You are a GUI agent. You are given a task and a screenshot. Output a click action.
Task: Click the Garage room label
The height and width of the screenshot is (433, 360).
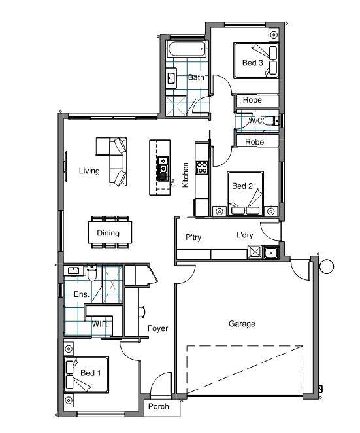[242, 324]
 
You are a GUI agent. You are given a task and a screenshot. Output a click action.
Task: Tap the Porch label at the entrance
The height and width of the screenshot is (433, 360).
[158, 406]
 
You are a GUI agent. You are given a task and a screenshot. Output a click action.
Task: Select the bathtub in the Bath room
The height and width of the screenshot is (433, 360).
[187, 49]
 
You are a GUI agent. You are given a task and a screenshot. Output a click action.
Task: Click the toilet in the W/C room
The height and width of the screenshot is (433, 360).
[271, 120]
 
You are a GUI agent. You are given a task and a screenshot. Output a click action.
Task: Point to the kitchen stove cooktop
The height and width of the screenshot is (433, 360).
[202, 167]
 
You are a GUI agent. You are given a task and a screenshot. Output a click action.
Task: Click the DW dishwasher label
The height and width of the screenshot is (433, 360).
[173, 182]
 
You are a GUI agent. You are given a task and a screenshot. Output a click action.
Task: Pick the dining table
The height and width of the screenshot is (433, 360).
[110, 232]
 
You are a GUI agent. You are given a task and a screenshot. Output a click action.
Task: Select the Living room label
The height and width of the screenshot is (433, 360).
[89, 171]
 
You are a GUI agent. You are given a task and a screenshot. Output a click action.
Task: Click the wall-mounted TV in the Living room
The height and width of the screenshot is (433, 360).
[65, 166]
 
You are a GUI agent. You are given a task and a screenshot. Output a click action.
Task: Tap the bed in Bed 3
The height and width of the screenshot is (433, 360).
[256, 60]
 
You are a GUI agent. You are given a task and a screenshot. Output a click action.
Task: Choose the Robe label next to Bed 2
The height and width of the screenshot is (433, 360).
[254, 142]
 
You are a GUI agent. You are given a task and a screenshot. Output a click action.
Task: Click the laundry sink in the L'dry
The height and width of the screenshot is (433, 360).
[271, 252]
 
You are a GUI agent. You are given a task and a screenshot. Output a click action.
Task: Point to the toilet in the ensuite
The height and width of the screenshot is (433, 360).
[92, 273]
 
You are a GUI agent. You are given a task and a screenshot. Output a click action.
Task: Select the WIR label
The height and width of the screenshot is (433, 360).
[99, 324]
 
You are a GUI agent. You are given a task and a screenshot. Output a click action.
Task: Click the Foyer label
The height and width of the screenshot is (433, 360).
[157, 328]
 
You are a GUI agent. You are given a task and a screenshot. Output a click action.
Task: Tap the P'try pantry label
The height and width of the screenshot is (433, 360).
[193, 237]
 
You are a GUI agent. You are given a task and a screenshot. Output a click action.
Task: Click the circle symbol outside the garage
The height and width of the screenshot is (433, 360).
[327, 266]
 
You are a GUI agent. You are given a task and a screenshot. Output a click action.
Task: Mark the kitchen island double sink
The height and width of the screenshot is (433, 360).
[163, 169]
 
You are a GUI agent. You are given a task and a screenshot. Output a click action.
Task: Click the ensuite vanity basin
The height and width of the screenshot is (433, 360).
[73, 271]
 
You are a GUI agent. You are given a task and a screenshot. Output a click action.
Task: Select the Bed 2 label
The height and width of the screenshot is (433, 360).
[242, 186]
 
